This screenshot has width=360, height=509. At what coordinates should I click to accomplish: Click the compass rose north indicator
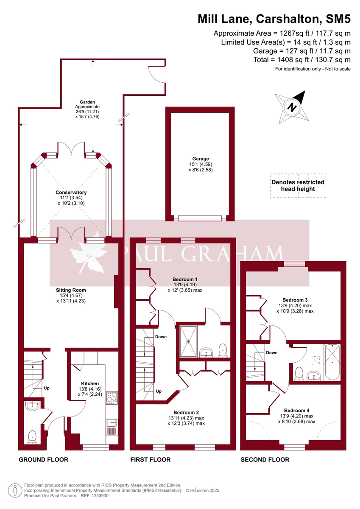(x=292, y=106)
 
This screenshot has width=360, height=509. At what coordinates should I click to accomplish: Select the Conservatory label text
(x=71, y=193)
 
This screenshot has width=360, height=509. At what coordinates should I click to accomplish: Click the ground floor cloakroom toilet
(x=33, y=436)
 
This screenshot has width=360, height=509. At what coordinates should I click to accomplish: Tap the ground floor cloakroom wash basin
(x=32, y=406)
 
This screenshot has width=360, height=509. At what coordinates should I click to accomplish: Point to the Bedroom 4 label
(x=296, y=410)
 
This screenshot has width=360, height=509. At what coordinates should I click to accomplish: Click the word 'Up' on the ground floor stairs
(x=47, y=388)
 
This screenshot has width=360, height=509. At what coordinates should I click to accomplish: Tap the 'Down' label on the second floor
(x=271, y=352)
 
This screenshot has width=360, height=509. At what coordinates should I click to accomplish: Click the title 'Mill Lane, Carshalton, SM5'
(x=274, y=19)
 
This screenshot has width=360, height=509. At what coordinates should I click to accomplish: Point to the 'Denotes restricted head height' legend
(x=298, y=185)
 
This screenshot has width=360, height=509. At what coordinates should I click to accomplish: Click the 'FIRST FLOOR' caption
(x=150, y=459)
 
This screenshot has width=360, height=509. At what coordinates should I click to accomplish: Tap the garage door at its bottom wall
(x=200, y=218)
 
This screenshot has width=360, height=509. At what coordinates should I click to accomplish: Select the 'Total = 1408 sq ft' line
(x=302, y=60)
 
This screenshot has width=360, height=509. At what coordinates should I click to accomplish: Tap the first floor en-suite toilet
(x=223, y=350)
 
